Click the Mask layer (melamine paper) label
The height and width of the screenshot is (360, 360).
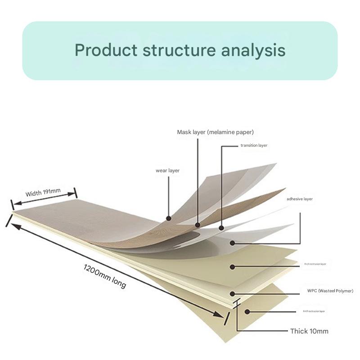point(215,132)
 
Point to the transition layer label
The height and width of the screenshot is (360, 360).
point(254,145)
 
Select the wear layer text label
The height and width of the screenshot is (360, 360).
point(167,171)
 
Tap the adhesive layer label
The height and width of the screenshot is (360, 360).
point(299,198)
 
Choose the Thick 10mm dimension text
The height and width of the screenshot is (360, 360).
point(309,331)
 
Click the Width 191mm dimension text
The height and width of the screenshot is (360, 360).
point(43,193)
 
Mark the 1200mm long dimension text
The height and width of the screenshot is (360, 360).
point(105,276)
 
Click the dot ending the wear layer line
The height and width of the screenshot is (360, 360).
point(168,219)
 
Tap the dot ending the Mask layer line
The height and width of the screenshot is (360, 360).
point(198,224)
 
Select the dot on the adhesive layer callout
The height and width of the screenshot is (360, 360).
point(233,243)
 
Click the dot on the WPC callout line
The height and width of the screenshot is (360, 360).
point(233,294)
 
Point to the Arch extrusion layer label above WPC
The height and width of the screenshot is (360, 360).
point(315,264)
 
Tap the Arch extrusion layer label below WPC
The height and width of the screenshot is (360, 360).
point(314,311)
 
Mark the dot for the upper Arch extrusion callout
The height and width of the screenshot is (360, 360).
point(233,267)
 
